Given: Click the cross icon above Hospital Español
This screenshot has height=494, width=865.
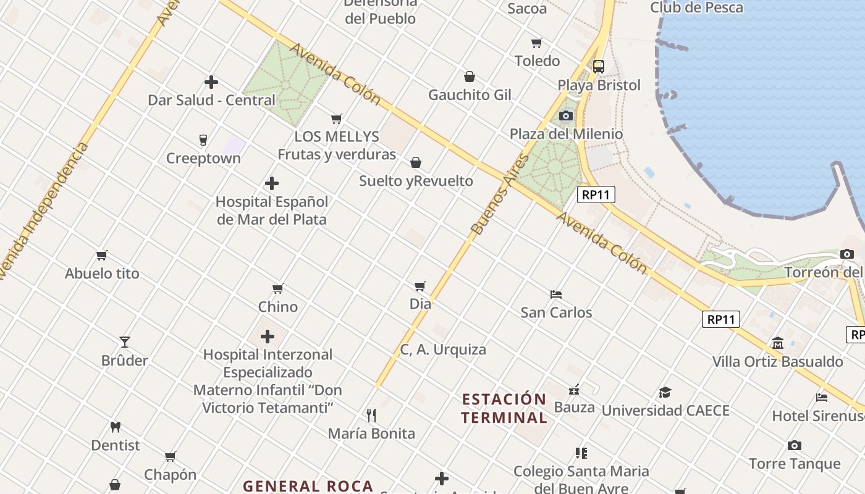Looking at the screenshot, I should pyautogui.click(x=271, y=183).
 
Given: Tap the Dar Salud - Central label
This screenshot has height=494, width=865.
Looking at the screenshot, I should pyautogui.click(x=211, y=100).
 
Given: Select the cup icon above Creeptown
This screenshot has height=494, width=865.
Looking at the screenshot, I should pyautogui.click(x=203, y=140).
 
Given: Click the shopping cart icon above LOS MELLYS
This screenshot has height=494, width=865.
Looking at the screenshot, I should pyautogui.click(x=336, y=119).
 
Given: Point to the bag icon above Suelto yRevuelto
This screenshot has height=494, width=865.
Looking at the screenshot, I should pyautogui.click(x=416, y=162).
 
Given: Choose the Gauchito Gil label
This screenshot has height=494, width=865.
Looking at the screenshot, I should pyautogui.click(x=470, y=94).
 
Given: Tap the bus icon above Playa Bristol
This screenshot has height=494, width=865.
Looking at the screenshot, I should pyautogui.click(x=598, y=66).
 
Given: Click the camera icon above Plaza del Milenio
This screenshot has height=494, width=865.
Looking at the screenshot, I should pyautogui.click(x=565, y=115).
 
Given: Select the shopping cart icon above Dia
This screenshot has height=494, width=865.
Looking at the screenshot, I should pyautogui.click(x=420, y=286).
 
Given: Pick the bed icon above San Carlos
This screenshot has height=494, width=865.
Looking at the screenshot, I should pyautogui.click(x=556, y=294).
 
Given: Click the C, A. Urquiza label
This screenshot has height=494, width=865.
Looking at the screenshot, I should pyautogui.click(x=443, y=350).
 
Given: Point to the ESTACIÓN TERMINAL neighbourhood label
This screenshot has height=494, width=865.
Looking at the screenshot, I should pyautogui.click(x=504, y=408).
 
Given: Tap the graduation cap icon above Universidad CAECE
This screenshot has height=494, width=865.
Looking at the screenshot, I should pyautogui.click(x=665, y=392).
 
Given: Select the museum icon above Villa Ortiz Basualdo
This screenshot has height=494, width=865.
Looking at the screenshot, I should pyautogui.click(x=777, y=343).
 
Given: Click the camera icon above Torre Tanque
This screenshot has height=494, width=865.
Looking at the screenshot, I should pyautogui.click(x=795, y=445).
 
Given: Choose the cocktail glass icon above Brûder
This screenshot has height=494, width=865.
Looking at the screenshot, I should pyautogui.click(x=125, y=341).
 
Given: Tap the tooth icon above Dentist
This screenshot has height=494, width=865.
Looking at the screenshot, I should pyautogui.click(x=115, y=427).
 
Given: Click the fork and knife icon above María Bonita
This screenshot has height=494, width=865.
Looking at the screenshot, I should pyautogui.click(x=371, y=415).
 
